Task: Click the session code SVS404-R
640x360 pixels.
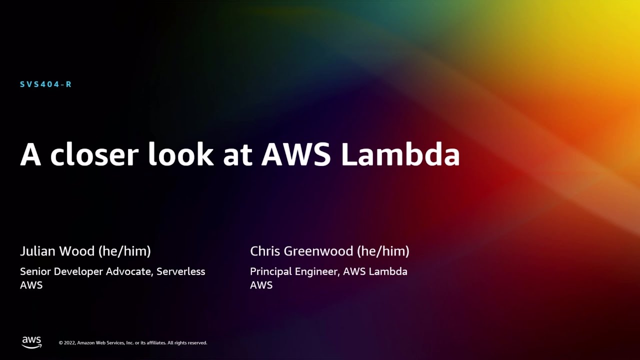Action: pos(45,84)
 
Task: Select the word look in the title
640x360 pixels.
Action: pos(180,155)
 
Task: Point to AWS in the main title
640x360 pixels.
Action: pos(296,155)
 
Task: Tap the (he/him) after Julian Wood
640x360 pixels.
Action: pos(124,251)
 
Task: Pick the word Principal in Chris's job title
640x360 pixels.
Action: pos(269,271)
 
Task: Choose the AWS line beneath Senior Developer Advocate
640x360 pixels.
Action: pos(31,285)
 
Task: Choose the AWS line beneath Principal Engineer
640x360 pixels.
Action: pos(261,285)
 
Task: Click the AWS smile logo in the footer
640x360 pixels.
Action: pos(31,342)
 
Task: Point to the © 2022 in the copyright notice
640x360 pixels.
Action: pos(67,343)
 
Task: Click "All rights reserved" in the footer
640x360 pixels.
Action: pos(187,343)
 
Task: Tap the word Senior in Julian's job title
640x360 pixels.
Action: pos(35,271)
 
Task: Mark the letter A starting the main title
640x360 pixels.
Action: pos(30,155)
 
